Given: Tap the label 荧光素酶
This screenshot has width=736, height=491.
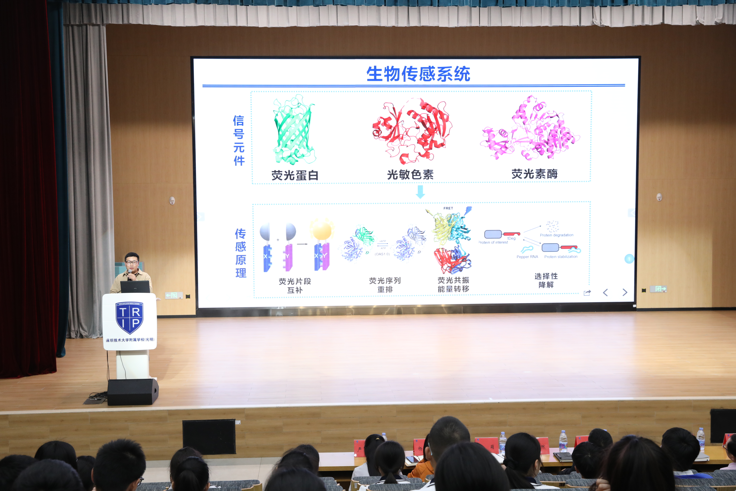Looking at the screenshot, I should click(534, 174).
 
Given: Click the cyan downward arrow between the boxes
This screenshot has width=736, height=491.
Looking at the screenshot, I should click(420, 192).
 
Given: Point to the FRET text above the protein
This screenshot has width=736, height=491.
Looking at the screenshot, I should click(448, 208).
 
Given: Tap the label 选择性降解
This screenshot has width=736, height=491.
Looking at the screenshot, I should click(546, 280).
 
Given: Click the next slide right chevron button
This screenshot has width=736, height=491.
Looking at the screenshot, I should click(625, 293).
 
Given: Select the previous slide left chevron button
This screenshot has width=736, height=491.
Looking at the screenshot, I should click(606, 293).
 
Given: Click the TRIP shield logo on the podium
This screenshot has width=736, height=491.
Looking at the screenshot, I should click(130, 318).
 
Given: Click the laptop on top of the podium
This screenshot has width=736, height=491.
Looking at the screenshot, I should click(135, 287).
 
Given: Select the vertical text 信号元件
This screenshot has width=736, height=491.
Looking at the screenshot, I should click(239, 140).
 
